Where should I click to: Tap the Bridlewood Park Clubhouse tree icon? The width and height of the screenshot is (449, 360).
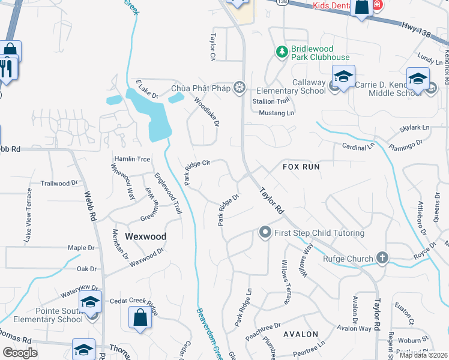click(x=282, y=52)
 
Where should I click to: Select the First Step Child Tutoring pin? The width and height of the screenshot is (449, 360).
click(x=264, y=232)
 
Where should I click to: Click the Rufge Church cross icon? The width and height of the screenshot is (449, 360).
click(x=382, y=259)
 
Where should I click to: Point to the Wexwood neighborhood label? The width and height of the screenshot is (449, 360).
click(x=145, y=236)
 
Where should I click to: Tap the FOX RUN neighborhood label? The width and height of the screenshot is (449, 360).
click(x=301, y=166)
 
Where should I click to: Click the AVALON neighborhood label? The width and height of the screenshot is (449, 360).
click(x=300, y=334)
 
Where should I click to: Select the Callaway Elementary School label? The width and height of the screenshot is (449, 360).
click(x=301, y=86)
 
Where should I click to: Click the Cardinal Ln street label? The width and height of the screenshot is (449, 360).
click(x=358, y=146)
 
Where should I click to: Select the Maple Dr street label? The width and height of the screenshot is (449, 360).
click(x=82, y=247)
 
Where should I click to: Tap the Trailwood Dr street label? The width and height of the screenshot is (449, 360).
click(x=59, y=183)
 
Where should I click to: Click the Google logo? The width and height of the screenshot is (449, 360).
click(x=20, y=353)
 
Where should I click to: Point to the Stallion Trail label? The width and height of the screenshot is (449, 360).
click(x=271, y=101)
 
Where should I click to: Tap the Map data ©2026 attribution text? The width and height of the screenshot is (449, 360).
click(x=423, y=355)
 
